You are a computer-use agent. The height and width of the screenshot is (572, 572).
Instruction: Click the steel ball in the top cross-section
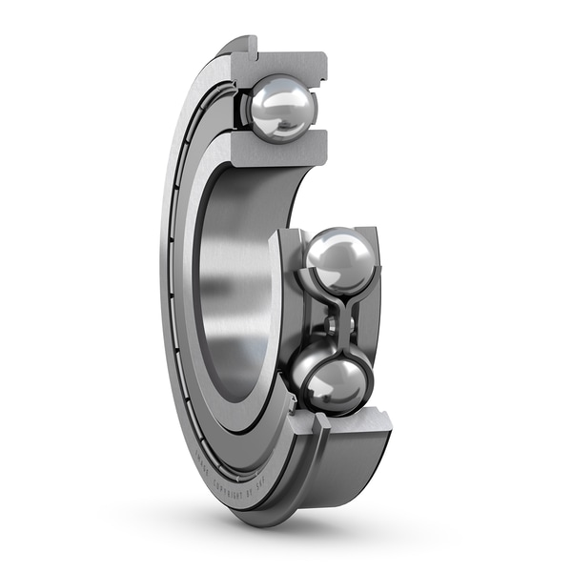pyautogui.click(x=282, y=109)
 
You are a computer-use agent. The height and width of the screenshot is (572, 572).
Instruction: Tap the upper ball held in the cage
pyautogui.click(x=339, y=259)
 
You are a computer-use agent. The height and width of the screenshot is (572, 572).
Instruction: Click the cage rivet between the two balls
pyautogui.click(x=337, y=324)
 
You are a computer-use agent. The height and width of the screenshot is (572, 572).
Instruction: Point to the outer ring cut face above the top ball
pyautogui.click(x=286, y=64)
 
